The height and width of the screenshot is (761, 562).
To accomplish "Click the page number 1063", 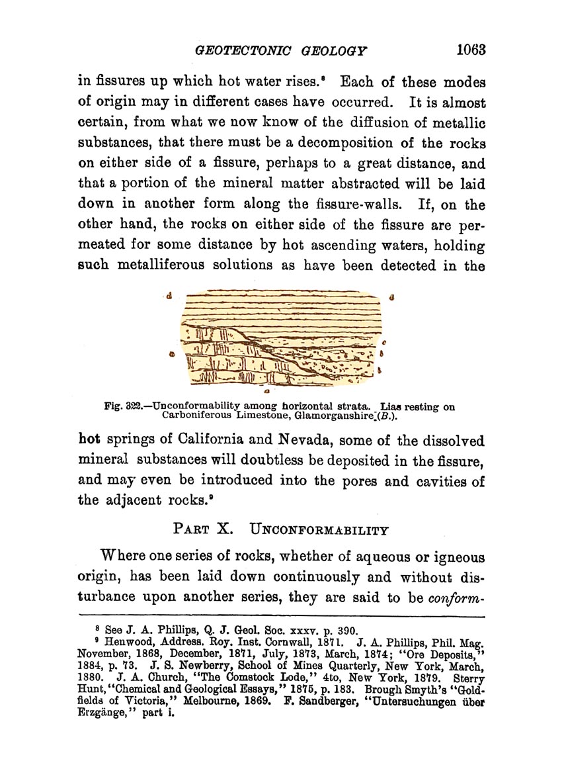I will coord(470,50).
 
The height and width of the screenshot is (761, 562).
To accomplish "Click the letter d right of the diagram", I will coord(393,297).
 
